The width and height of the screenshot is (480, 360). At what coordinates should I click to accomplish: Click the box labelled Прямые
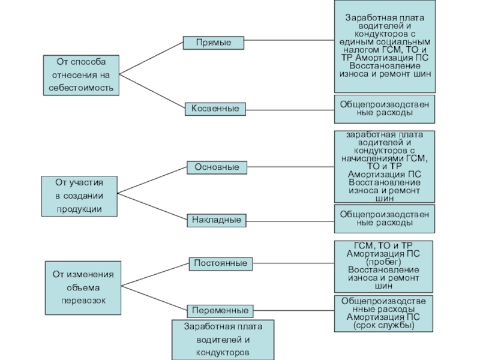(213, 43)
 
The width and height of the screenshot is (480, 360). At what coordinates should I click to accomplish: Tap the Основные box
(217, 167)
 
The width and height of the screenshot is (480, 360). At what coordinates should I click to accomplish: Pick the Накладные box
(217, 220)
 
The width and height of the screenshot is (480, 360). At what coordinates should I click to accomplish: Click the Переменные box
(220, 311)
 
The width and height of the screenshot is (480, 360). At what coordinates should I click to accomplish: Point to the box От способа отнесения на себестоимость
(80, 75)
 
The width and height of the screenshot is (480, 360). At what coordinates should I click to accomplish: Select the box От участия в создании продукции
(79, 196)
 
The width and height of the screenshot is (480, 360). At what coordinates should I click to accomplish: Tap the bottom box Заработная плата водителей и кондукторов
(222, 340)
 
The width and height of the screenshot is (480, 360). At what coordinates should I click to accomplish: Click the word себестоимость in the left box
(80, 88)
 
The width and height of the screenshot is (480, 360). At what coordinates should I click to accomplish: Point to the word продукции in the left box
(79, 208)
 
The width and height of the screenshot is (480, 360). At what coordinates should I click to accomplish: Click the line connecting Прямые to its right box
(290, 41)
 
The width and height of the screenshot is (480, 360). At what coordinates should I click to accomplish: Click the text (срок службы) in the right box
(384, 325)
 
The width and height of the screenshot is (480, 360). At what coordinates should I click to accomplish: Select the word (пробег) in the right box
(384, 262)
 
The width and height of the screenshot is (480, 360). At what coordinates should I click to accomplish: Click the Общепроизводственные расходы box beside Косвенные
(385, 108)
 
